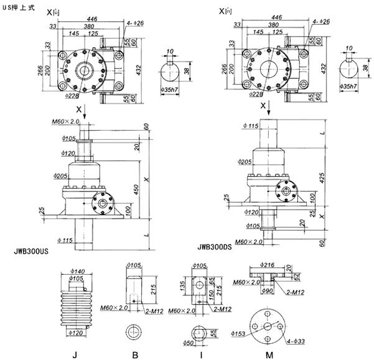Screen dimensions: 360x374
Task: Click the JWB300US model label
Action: (x=30, y=252)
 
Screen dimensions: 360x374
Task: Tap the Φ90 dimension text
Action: (x=268, y=290)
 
